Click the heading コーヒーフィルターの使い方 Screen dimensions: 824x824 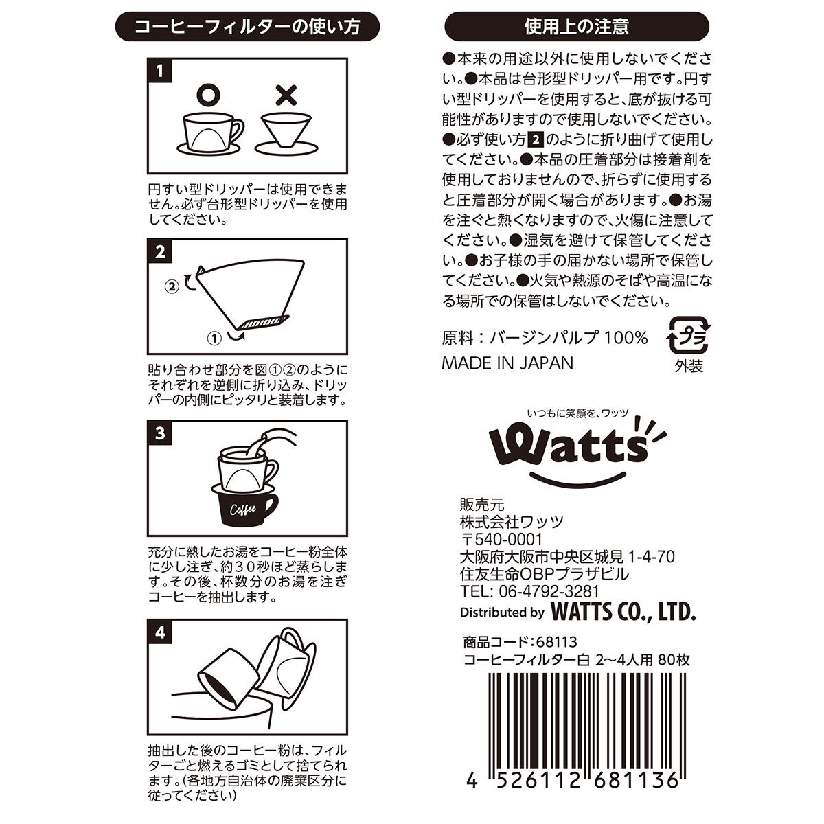(247, 27)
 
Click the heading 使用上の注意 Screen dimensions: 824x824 (576, 27)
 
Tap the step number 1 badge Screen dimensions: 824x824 (160, 70)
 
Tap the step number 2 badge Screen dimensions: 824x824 (160, 251)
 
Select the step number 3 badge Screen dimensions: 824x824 (160, 433)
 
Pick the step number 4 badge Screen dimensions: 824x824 (160, 632)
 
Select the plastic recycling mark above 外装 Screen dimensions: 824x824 (689, 335)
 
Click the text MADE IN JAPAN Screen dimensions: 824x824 (507, 363)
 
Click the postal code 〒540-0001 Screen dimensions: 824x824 (501, 540)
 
